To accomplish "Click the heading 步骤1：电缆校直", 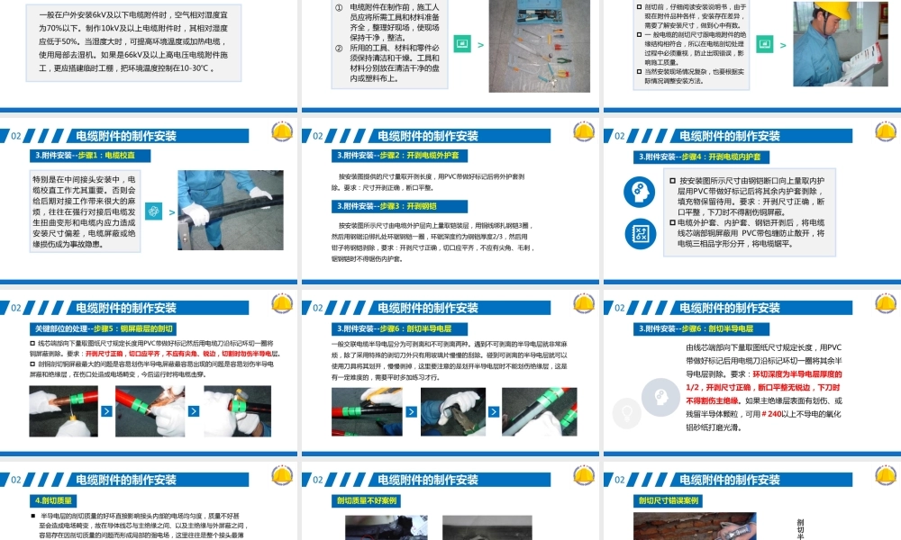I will tap(90, 155).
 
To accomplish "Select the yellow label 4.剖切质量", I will tap(54, 500).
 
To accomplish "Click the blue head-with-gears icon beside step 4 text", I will tap(640, 191).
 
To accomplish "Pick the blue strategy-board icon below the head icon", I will tap(640, 234).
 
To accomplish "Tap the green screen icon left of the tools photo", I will tap(463, 42).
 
